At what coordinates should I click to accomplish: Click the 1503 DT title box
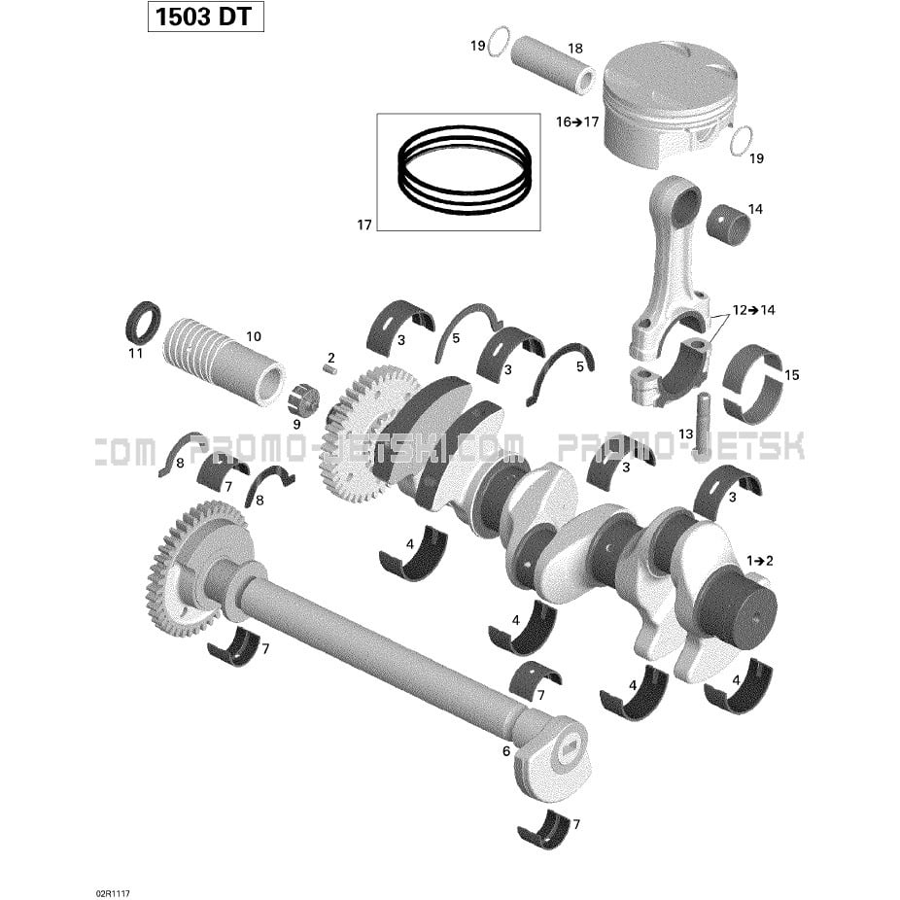[205, 17]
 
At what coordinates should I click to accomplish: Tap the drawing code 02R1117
[113, 894]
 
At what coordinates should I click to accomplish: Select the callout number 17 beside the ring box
[364, 225]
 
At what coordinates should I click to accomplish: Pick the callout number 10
[254, 336]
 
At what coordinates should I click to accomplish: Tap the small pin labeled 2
[329, 369]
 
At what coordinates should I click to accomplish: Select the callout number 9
[296, 425]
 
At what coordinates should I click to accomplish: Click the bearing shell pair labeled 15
[753, 380]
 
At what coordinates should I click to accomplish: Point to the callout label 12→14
[753, 310]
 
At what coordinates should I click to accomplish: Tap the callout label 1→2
[759, 560]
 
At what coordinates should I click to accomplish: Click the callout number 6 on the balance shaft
[506, 750]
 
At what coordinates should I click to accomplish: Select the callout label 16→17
[577, 122]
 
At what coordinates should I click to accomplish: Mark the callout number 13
[686, 434]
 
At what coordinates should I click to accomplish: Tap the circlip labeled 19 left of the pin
[498, 42]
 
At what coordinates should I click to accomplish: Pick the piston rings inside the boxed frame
[464, 170]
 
